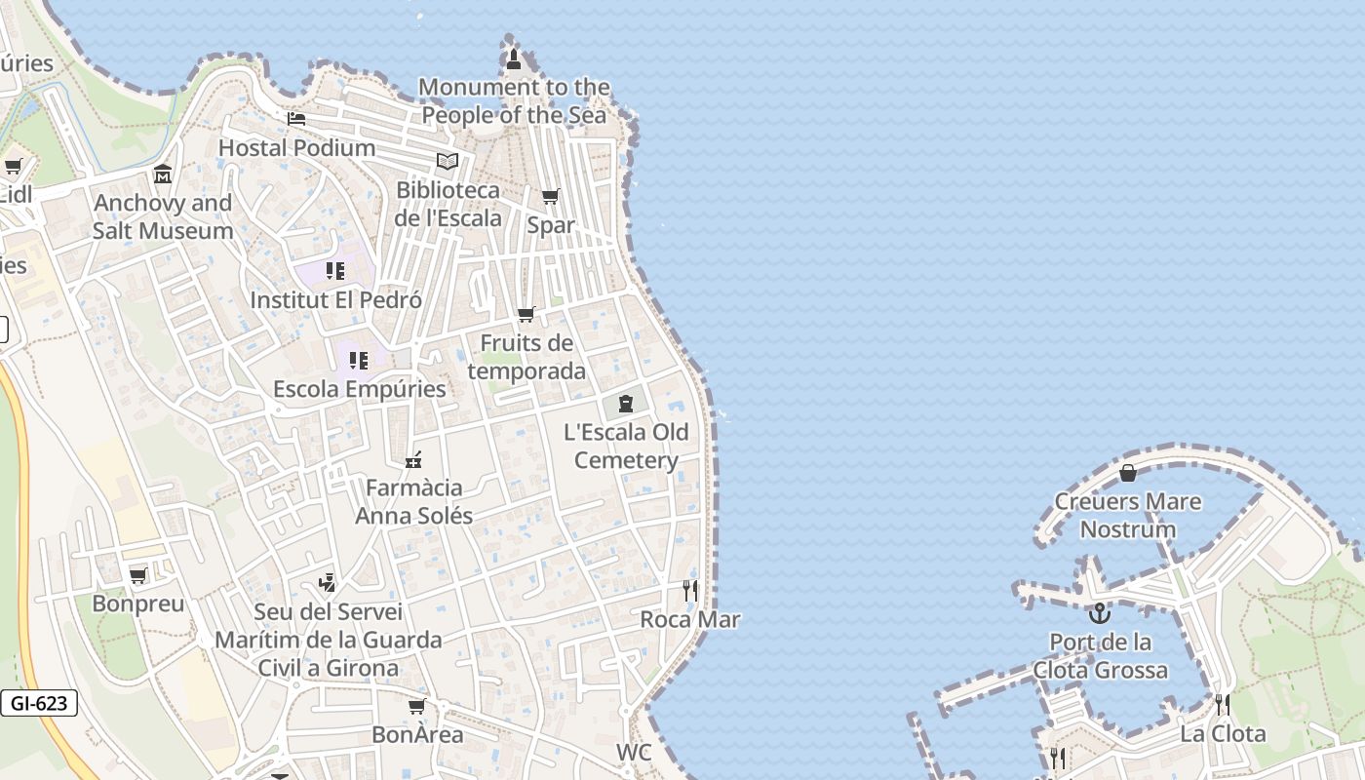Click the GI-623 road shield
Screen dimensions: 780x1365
tap(39, 702)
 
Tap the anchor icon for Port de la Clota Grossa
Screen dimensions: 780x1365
tap(1100, 613)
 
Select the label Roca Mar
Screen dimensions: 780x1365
tap(690, 619)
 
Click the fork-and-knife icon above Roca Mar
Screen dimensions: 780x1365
tap(690, 590)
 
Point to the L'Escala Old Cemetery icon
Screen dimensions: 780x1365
tap(625, 403)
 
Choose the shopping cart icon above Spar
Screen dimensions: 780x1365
tap(551, 196)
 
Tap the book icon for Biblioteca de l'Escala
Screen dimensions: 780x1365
tap(448, 161)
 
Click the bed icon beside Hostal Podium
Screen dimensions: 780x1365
tap(296, 119)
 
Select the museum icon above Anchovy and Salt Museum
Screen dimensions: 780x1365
tap(163, 175)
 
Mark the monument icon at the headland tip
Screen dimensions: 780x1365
tap(514, 59)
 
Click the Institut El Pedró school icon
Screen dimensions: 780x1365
tap(335, 270)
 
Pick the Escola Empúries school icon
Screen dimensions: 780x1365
tap(359, 360)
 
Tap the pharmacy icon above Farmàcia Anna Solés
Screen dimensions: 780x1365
tap(413, 458)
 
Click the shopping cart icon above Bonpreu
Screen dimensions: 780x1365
tap(138, 575)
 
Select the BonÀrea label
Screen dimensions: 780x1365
tap(417, 734)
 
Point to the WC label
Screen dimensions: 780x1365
tap(634, 753)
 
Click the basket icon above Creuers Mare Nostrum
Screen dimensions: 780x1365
tap(1128, 473)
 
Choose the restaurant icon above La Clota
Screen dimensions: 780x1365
tap(1223, 704)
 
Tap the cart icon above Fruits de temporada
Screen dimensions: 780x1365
tap(526, 314)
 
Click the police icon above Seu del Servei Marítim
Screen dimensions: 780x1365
tap(328, 583)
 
